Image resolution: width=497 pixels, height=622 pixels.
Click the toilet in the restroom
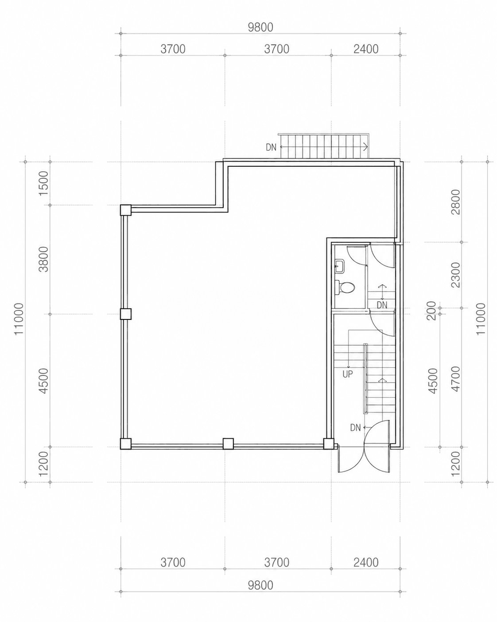point(345,287)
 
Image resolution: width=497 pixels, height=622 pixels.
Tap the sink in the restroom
point(339,266)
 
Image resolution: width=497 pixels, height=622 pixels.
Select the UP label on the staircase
point(347,374)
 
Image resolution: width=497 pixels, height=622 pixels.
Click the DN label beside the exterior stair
point(271,147)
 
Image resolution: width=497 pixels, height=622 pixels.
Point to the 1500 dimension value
point(44,183)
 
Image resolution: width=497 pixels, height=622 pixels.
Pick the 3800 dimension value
point(44,259)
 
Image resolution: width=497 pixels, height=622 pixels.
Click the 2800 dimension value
point(456,202)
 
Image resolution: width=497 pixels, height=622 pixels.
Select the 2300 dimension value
point(456,275)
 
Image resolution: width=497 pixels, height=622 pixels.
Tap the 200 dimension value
point(432,311)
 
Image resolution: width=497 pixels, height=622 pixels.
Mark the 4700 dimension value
point(456,379)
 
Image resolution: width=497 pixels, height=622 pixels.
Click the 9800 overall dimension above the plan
point(260,28)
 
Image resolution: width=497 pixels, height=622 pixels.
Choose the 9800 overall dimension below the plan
point(260,585)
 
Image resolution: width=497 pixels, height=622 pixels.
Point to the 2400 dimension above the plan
point(366,49)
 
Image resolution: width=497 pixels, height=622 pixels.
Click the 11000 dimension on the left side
point(19,319)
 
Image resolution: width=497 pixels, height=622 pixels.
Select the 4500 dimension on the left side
point(44,381)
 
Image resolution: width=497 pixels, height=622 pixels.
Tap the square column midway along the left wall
point(125,314)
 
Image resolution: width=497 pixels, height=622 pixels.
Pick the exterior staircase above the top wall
point(323,146)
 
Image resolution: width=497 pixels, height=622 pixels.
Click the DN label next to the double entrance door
point(356,428)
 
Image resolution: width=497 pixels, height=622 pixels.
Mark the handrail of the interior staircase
point(366,378)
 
